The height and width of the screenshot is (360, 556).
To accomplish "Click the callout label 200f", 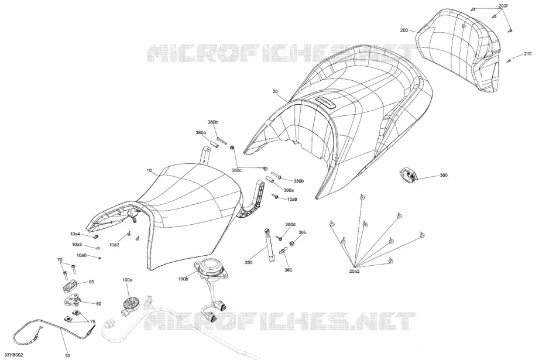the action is click(x=503, y=6).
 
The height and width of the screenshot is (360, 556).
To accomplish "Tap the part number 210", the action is click(x=528, y=54).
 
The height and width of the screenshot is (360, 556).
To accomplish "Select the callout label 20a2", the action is click(x=354, y=272).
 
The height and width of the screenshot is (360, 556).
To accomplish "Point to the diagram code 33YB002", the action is click(x=13, y=355).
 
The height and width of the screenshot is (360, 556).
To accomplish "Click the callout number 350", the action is click(x=249, y=263).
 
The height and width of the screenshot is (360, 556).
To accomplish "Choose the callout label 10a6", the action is click(x=81, y=255).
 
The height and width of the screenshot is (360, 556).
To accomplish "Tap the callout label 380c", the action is click(x=236, y=170).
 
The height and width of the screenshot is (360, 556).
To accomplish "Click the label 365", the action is click(x=302, y=232).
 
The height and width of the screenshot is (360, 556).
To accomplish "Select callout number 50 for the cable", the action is click(x=68, y=355).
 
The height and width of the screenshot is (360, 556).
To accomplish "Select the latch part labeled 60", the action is click(x=73, y=302).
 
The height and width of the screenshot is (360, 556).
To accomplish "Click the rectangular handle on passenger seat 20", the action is click(x=325, y=102).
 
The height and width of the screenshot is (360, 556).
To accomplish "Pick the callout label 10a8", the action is click(x=292, y=200).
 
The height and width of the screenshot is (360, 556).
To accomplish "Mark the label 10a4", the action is click(x=75, y=234).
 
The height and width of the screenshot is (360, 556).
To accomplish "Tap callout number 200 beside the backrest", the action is click(x=404, y=30).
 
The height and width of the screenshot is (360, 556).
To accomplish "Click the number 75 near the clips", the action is click(x=92, y=322).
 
